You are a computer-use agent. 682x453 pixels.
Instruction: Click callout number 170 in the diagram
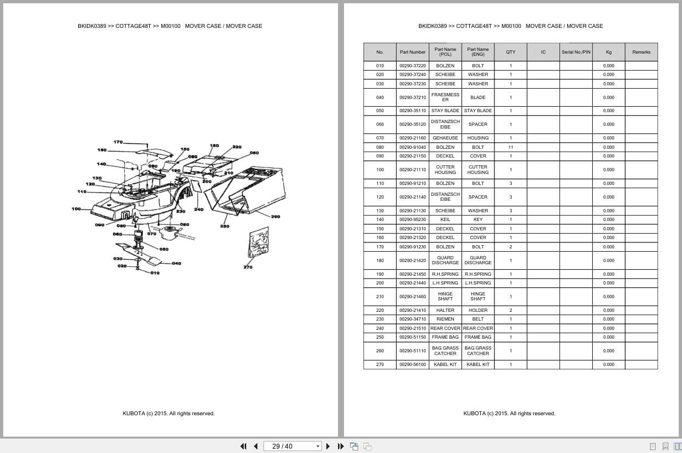[x=118, y=142]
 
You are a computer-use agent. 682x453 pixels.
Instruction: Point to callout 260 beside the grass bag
[x=275, y=217]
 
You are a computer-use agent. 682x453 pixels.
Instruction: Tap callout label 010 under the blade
[x=155, y=273]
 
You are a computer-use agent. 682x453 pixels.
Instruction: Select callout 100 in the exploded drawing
[x=76, y=208]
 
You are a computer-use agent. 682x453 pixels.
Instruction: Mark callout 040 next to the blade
[x=176, y=263]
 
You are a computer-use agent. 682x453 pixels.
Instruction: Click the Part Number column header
[x=412, y=53]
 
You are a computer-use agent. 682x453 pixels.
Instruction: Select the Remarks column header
[x=641, y=53]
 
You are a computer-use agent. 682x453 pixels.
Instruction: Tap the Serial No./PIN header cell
[x=576, y=53]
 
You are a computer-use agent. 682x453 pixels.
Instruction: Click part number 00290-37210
[x=412, y=97]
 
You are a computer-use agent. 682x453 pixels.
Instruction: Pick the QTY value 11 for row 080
[x=510, y=147]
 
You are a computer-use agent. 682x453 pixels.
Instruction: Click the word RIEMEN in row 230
[x=445, y=319]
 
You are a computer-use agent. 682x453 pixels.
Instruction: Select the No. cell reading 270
[x=380, y=364]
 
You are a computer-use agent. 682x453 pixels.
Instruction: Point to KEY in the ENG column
[x=477, y=219]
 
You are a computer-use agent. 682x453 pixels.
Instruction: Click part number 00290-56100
[x=412, y=364]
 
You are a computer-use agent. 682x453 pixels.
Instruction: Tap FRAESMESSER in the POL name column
[x=445, y=97]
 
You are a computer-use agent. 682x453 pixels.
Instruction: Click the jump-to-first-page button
[x=243, y=446]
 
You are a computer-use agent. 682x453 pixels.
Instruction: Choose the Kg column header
[x=609, y=53]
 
